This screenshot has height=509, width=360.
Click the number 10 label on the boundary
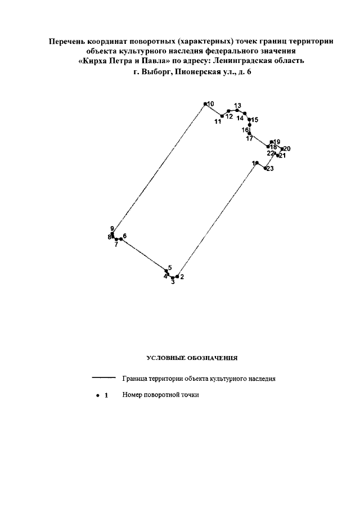coord(210,104)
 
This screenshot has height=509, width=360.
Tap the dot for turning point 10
coord(205,104)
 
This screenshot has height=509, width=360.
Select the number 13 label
coord(237,106)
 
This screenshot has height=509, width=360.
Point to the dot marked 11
coord(222,116)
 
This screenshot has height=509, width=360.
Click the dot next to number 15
coord(249,120)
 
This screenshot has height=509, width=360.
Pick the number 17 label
coord(249,138)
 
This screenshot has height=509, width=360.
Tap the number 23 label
coord(270,169)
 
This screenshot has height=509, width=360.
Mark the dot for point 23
coord(265,168)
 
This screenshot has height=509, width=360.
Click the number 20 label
coord(286,148)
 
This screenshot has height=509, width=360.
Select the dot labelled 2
coord(177,277)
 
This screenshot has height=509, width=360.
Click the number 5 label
coord(170,267)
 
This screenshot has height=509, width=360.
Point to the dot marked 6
coord(120,238)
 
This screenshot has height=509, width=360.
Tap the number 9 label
coord(112,228)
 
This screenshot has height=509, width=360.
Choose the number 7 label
coord(116,245)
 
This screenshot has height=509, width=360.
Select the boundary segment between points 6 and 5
coord(143,255)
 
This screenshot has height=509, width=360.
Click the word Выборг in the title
coord(158,72)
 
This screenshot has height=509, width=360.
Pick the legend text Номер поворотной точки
coord(160,395)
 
